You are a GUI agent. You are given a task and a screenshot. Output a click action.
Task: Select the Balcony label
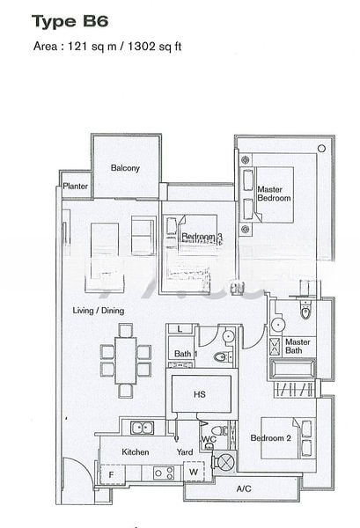125,168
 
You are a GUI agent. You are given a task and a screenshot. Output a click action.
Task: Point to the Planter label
74,186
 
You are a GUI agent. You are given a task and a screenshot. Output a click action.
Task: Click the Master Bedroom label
274,194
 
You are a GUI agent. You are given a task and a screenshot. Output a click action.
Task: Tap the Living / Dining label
99,311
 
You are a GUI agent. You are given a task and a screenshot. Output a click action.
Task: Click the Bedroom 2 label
270,437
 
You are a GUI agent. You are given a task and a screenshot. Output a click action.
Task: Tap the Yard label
184,451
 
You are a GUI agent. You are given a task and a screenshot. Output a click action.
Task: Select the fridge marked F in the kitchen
111,475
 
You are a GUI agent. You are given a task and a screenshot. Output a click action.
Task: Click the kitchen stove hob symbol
162,473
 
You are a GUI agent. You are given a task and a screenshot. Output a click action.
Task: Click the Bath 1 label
183,354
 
